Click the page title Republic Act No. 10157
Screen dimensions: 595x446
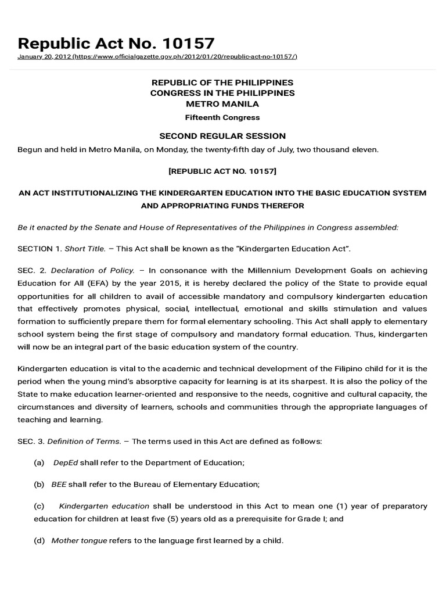click(x=116, y=43)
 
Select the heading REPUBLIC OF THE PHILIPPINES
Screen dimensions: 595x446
click(x=222, y=83)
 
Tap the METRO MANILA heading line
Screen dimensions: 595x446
click(x=222, y=104)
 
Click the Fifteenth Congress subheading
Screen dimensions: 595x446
click(x=222, y=117)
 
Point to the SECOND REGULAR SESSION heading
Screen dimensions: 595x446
click(x=222, y=136)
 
